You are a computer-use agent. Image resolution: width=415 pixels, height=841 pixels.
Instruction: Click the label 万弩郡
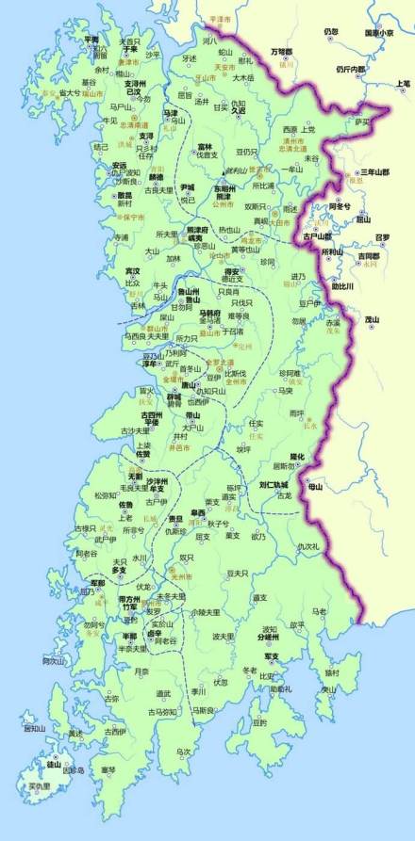point(282,51)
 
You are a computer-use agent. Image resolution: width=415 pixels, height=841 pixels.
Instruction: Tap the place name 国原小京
point(378,32)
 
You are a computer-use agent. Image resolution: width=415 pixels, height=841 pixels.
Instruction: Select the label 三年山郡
point(373,173)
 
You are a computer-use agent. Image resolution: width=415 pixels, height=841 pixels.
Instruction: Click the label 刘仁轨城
point(272,486)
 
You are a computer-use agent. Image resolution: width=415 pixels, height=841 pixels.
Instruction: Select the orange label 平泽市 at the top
point(219,18)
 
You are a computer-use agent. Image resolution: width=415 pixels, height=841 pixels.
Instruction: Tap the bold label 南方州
point(130,599)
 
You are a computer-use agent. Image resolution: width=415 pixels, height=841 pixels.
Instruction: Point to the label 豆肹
point(259,722)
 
